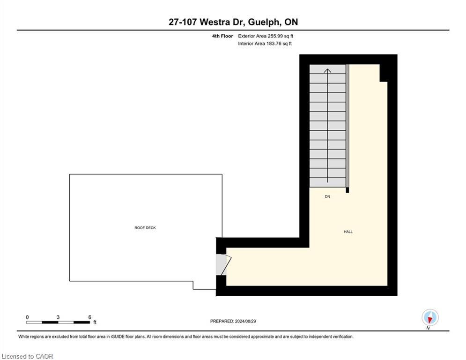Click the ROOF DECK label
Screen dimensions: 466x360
pyautogui.click(x=145, y=228)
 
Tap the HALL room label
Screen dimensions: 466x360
pyautogui.click(x=348, y=232)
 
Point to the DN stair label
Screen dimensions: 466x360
pyautogui.click(x=327, y=196)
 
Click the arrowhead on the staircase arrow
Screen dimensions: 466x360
pyautogui.click(x=327, y=70)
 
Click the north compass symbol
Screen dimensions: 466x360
pyautogui.click(x=430, y=317)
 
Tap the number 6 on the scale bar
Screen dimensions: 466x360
pyautogui.click(x=90, y=317)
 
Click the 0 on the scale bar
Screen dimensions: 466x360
pyautogui.click(x=27, y=317)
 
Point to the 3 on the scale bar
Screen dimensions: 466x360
pyautogui.click(x=58, y=317)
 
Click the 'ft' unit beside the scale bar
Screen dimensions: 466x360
pyautogui.click(x=95, y=322)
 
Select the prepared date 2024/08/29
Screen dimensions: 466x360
pyautogui.click(x=245, y=321)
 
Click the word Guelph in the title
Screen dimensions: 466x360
pyautogui.click(x=264, y=22)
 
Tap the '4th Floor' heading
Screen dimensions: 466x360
pyautogui.click(x=222, y=36)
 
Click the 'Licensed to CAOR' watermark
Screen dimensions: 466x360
pyautogui.click(x=27, y=356)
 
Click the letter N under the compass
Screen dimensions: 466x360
pyautogui.click(x=428, y=328)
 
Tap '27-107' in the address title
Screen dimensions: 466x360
pyautogui.click(x=183, y=22)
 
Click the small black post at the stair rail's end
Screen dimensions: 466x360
pyautogui.click(x=348, y=190)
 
